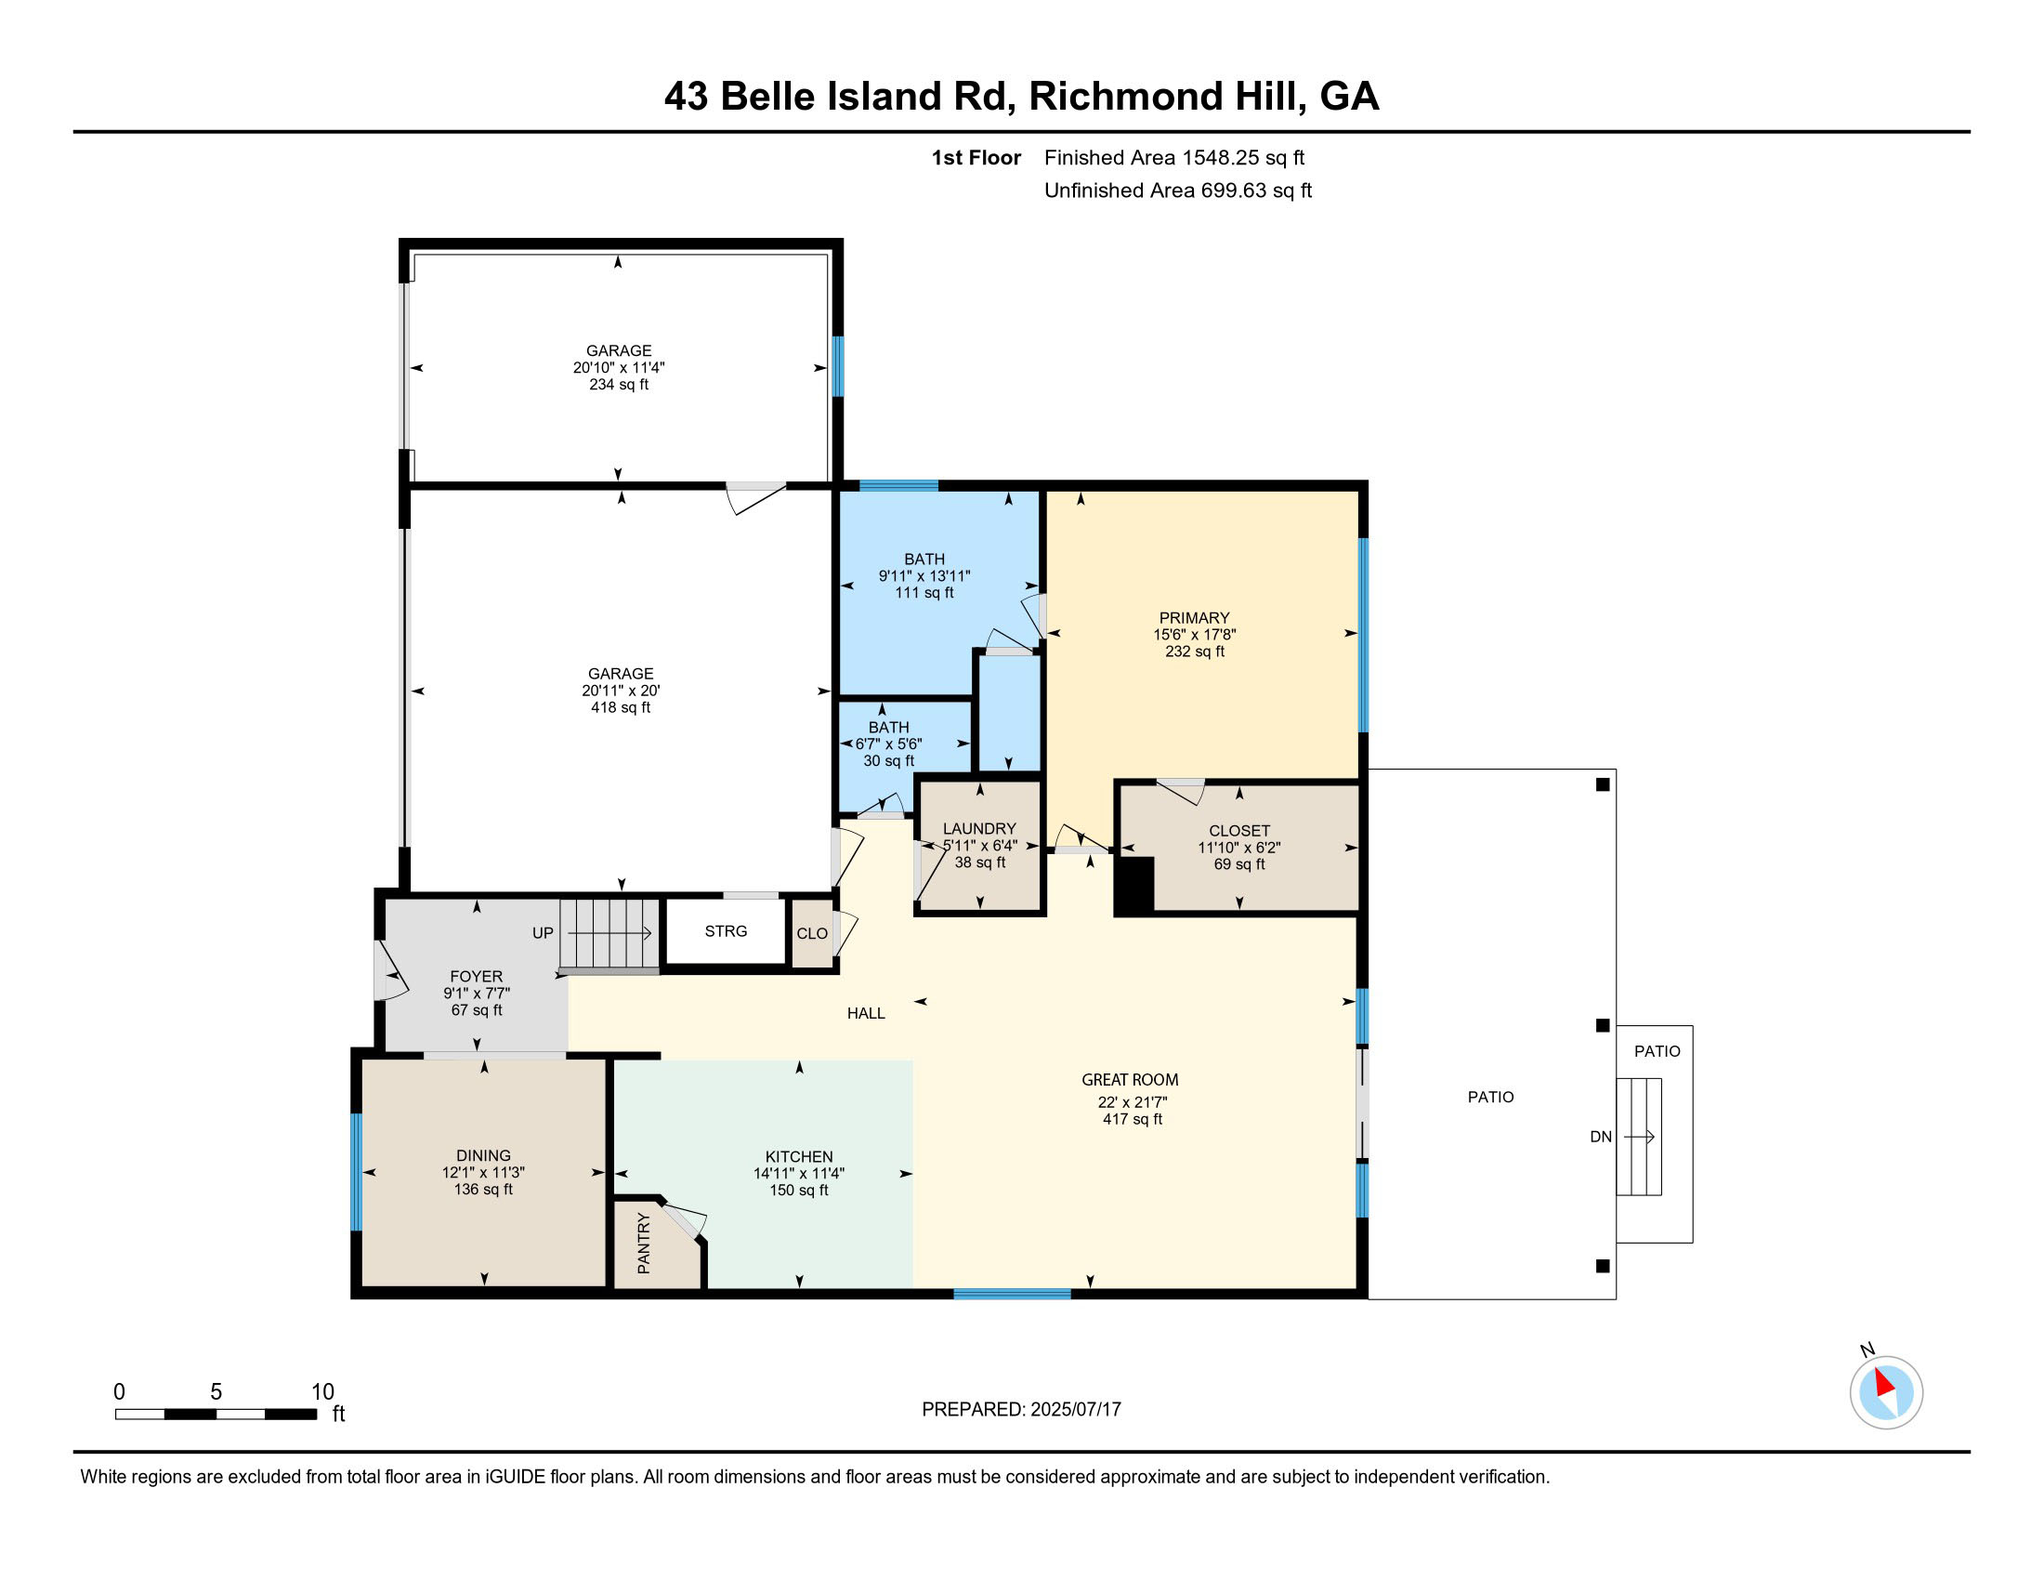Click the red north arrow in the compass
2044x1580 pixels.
pos(1885,1383)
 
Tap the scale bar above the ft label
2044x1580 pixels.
pos(216,1414)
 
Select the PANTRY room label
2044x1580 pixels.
pos(644,1243)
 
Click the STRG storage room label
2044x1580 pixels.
pos(727,931)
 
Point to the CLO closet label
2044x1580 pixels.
pos(812,934)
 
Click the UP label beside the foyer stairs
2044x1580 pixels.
pos(543,933)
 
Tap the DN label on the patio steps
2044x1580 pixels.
pos(1602,1138)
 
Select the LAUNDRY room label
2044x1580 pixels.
pos(980,829)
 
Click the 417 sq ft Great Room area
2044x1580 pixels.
pos(1133,1120)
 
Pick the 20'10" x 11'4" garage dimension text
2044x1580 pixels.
pos(619,368)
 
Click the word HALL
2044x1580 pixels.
pos(867,1013)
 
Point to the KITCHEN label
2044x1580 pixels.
pos(799,1157)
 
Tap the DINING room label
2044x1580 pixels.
pos(484,1156)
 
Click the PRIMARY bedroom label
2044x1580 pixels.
pos(1194,618)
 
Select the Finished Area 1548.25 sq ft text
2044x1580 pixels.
pos(1174,157)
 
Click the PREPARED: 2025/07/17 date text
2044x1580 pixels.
pos(1021,1409)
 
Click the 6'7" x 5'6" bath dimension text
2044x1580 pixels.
pos(889,744)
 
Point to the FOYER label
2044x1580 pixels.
pos(477,976)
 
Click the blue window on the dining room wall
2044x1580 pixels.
pos(356,1172)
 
